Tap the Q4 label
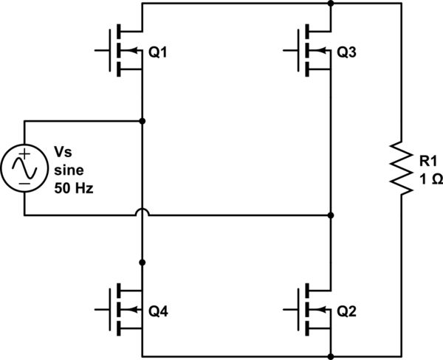coord(159,311)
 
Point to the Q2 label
coord(347,311)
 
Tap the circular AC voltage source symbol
coord(24,168)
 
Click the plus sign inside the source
coord(24,155)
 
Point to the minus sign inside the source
coord(24,181)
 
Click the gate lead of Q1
coord(103,50)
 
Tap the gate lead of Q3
coord(292,50)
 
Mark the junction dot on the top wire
coord(331,4)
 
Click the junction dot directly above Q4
coord(142,262)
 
